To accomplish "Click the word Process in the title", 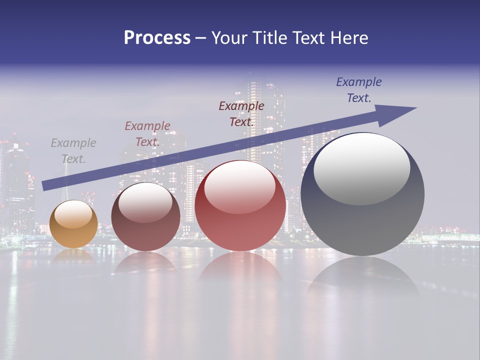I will [157, 38].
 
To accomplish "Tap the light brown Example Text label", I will [147, 134].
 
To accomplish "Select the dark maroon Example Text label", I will [241, 113].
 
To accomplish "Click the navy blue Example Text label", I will [359, 90].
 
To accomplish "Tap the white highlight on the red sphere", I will [239, 187].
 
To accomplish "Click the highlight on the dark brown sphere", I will [145, 202].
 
